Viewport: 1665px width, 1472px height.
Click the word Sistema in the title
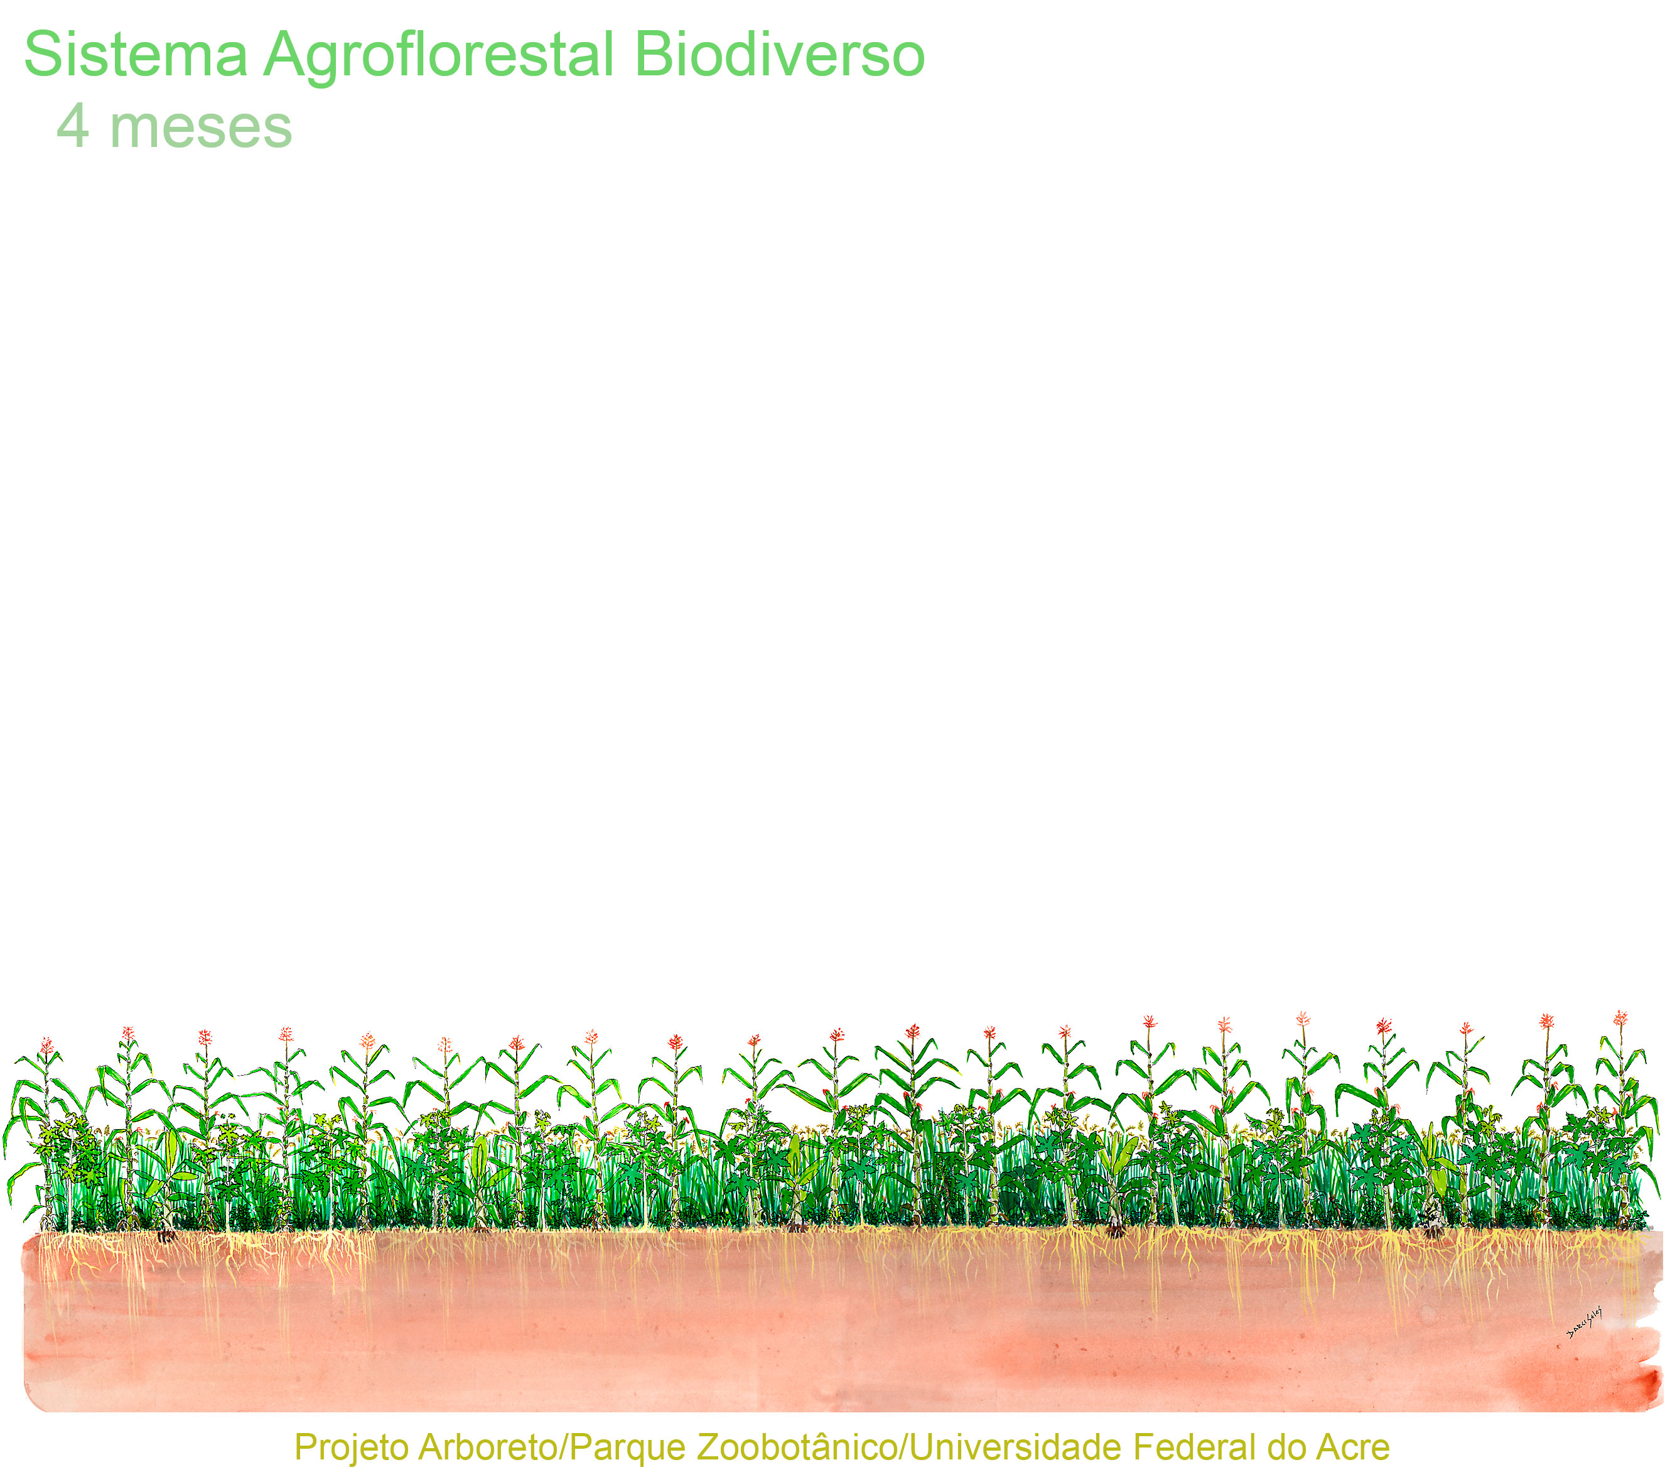[135, 55]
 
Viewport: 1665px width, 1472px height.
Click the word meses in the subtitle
[200, 129]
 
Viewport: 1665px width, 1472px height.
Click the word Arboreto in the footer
[487, 1447]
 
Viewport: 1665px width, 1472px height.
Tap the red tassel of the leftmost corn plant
[47, 1045]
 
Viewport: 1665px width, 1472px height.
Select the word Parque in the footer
[628, 1448]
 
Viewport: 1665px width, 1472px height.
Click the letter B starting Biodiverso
[652, 54]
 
